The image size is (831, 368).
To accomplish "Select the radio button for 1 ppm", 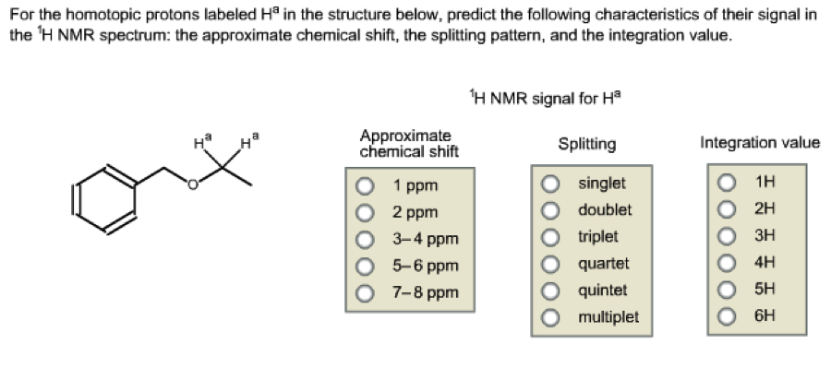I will tap(366, 184).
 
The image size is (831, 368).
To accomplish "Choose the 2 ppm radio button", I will tap(366, 211).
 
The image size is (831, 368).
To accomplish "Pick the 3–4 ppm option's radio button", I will tap(366, 239).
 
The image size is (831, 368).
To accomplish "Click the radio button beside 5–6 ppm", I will tap(366, 267).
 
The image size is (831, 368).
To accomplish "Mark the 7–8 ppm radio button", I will tap(366, 293).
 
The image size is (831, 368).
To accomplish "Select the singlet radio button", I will tap(552, 183).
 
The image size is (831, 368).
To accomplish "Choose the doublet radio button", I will tap(552, 209).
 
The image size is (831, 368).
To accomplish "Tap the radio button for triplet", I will tap(552, 236).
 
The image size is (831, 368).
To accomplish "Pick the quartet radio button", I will tap(552, 263).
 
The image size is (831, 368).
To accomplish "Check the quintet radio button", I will tap(552, 290).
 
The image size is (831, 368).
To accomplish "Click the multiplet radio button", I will tap(552, 316).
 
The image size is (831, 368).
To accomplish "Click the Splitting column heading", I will tap(587, 144).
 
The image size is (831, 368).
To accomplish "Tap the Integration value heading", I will tap(760, 143).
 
